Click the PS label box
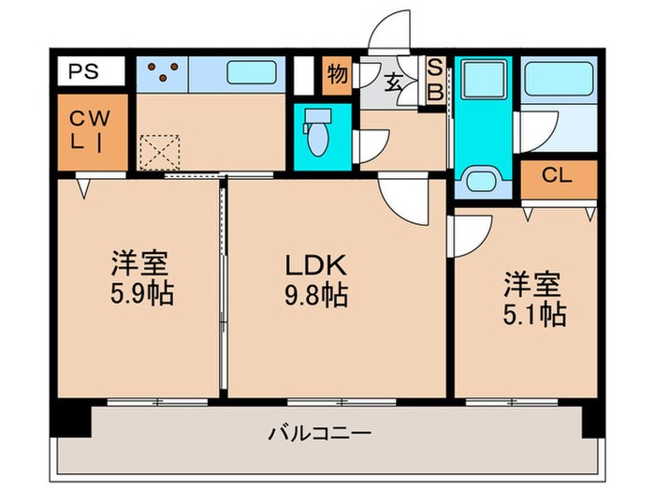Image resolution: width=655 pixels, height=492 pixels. coord(89,70)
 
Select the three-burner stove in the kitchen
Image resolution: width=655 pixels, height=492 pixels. coord(163,72)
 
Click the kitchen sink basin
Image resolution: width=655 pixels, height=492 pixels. coord(253,73)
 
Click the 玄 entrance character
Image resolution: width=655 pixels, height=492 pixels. coord(394,82)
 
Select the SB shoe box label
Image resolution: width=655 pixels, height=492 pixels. coord(435,82)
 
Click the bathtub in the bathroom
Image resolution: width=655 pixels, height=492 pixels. coord(558,79)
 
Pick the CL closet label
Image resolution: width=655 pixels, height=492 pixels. coord(558,175)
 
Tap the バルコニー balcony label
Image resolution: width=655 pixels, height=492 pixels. coord(321,433)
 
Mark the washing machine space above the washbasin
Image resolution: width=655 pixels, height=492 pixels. coord(484,80)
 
